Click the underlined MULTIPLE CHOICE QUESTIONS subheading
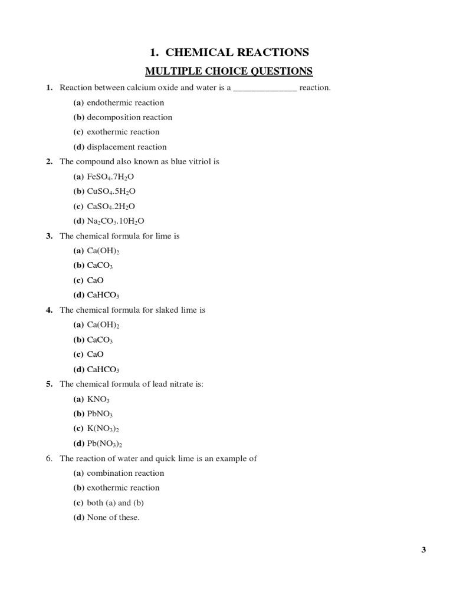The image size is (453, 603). pos(229,71)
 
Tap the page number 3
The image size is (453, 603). pos(424,550)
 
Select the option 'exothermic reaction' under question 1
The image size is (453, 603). pos(123,132)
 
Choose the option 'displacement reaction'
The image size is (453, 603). pos(126,147)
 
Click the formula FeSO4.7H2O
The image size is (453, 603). pos(114,177)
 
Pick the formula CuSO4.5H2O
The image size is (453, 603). pos(115,191)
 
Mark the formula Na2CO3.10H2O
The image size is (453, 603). pos(116,221)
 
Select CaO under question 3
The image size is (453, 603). pos(95,280)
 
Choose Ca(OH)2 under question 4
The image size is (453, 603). pos(103,324)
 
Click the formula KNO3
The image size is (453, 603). pos(99,399)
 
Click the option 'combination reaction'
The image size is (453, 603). pos(125,473)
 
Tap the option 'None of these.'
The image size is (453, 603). pos(113,518)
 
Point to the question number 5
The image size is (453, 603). pos(50,384)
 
